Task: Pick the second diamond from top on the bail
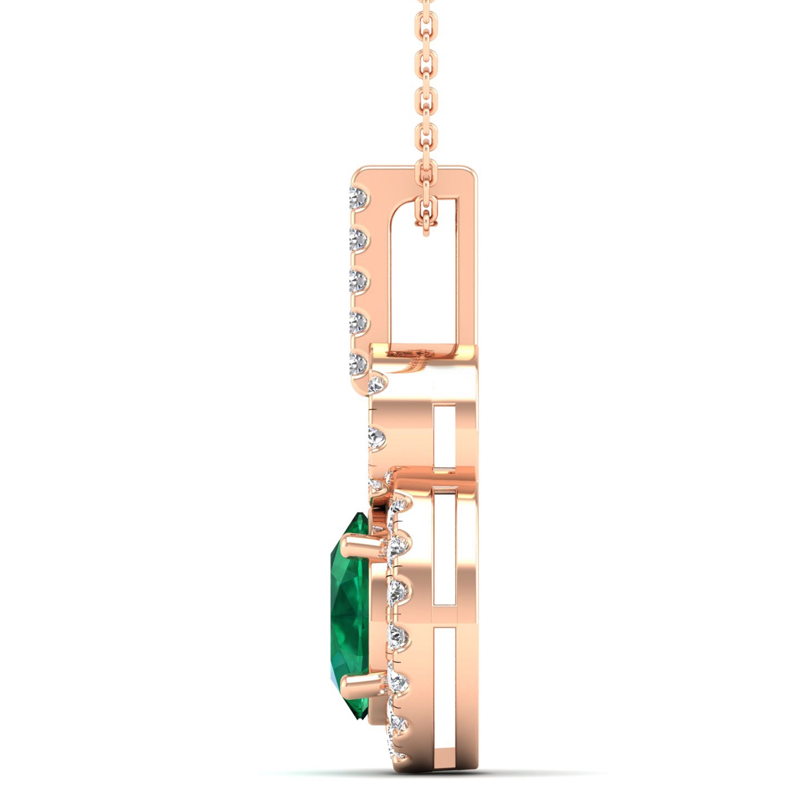(359, 237)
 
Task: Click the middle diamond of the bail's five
(359, 281)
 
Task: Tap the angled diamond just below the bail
(378, 384)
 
